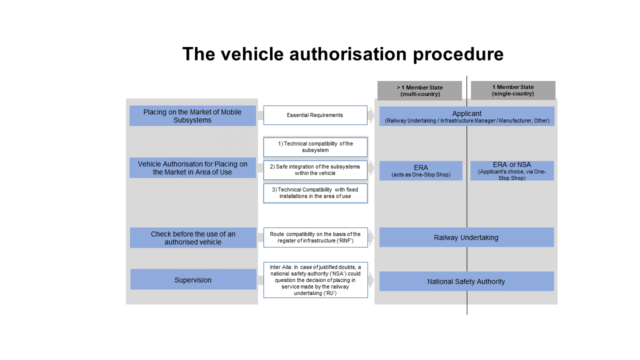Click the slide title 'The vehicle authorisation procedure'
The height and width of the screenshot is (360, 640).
click(343, 54)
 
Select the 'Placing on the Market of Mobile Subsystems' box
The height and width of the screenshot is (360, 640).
click(192, 115)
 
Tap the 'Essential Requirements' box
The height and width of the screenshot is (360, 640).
click(315, 115)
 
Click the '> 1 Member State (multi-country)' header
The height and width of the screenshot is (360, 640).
click(419, 90)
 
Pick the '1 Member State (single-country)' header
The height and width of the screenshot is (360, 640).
click(513, 90)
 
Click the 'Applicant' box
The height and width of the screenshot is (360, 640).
click(467, 116)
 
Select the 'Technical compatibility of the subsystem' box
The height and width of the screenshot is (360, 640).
click(315, 147)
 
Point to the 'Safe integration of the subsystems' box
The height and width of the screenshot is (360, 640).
click(315, 170)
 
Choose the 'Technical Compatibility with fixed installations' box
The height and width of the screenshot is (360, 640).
click(315, 193)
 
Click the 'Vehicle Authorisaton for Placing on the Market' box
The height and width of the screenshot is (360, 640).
click(192, 167)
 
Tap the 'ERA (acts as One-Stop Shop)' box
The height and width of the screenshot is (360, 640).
click(421, 170)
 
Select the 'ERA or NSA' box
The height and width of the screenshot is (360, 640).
click(512, 170)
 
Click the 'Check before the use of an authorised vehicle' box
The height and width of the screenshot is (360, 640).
click(193, 237)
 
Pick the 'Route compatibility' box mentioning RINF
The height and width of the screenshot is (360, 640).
click(315, 237)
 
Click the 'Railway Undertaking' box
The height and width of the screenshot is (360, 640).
click(466, 237)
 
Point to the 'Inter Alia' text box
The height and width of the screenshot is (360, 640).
click(315, 280)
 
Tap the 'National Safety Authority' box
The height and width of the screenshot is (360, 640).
click(466, 281)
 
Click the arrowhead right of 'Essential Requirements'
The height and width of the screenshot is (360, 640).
click(371, 115)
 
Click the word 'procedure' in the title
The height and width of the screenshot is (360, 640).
click(458, 54)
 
